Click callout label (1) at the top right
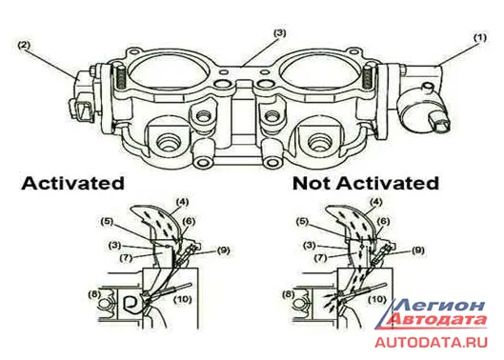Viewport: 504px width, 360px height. tap(480, 38)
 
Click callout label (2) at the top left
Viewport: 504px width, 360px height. tap(24, 45)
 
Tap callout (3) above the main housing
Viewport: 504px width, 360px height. tap(280, 33)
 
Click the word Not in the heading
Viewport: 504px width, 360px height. tap(312, 184)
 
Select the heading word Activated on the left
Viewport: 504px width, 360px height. tap(72, 184)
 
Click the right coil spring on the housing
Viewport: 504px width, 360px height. tap(367, 77)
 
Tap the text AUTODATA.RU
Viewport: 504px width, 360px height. tap(432, 342)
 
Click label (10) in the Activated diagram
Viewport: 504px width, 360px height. tap(183, 300)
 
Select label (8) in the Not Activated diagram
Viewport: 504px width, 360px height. tap(288, 293)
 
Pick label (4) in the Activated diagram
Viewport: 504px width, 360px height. tap(182, 202)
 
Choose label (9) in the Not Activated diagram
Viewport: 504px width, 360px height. tap(417, 250)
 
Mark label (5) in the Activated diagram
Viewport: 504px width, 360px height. tap(107, 222)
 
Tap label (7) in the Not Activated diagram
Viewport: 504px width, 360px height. tap(321, 257)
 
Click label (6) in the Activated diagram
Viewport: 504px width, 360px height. tap(189, 222)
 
